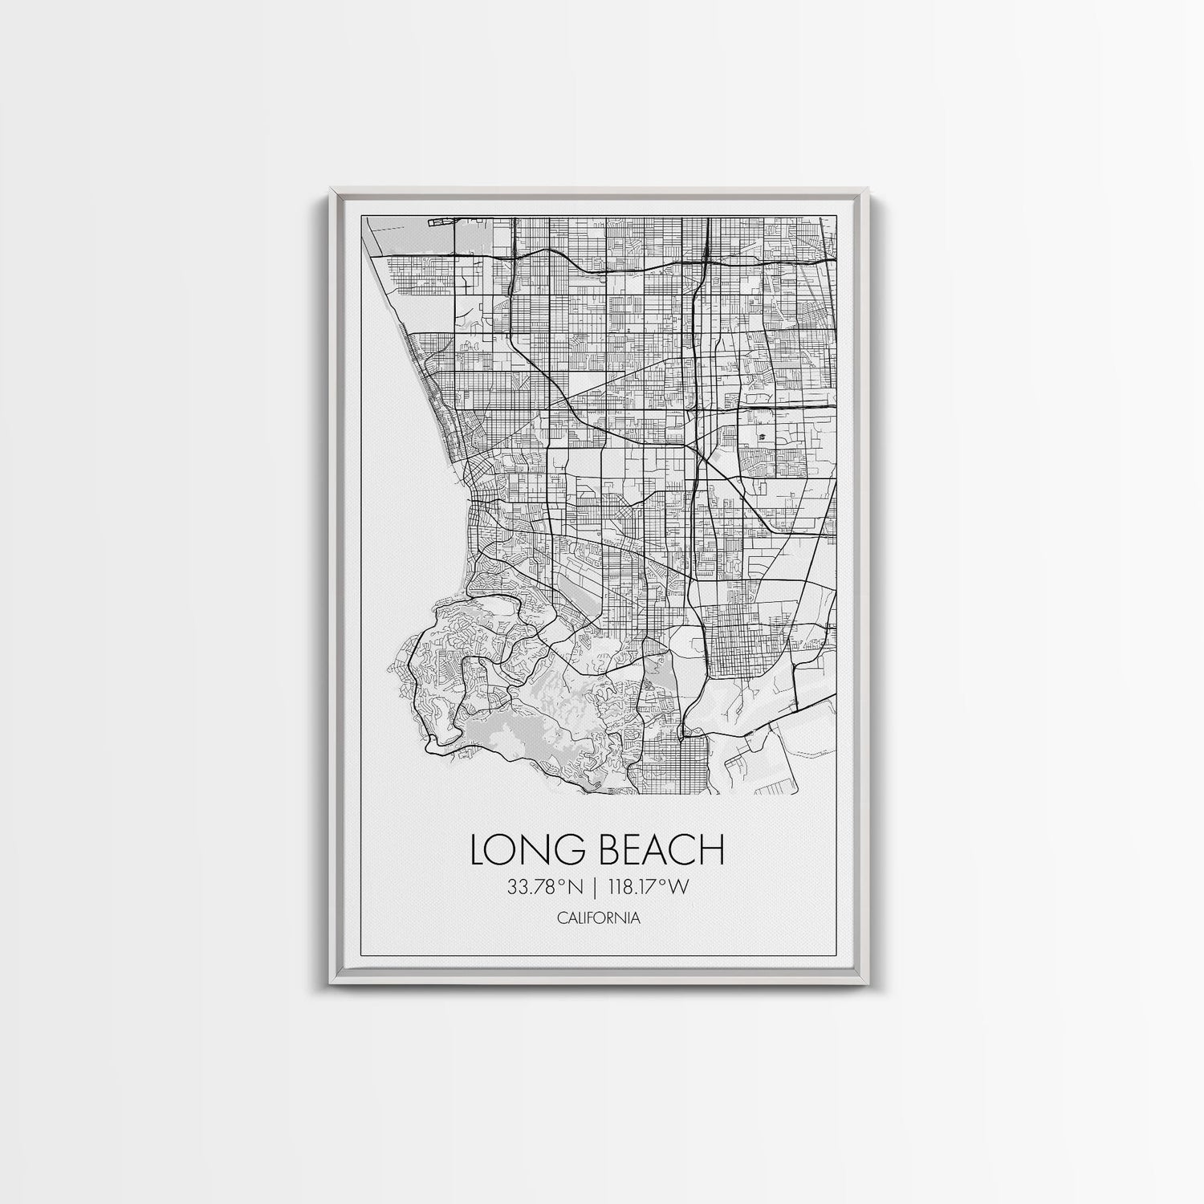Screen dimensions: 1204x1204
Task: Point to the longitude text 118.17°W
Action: point(653,889)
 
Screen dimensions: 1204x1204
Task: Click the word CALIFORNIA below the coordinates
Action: point(597,917)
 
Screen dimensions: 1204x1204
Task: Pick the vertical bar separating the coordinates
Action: point(596,889)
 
